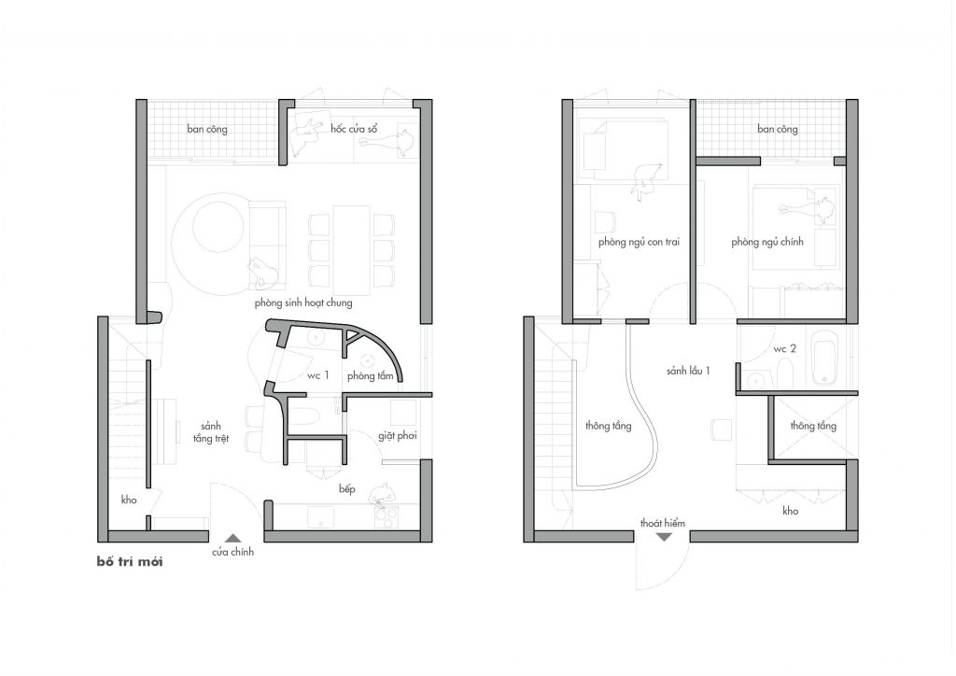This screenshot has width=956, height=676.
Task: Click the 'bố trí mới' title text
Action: click(130, 561)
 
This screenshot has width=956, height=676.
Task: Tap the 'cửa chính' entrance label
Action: click(232, 552)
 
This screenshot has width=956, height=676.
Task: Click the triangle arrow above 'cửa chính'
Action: click(232, 538)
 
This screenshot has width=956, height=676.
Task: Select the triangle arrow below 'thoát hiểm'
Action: click(664, 537)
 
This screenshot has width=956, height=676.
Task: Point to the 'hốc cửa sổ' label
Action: click(354, 129)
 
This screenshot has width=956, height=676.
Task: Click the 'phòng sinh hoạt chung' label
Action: click(303, 303)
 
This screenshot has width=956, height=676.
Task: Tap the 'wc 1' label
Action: click(317, 375)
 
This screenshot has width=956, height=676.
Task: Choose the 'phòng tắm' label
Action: click(371, 376)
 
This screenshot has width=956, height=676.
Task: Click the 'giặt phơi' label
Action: click(398, 436)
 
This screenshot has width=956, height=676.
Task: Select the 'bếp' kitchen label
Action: click(347, 489)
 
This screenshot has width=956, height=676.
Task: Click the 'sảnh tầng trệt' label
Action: click(211, 432)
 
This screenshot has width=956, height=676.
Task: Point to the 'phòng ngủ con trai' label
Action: click(639, 242)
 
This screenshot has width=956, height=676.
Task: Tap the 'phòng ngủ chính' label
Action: click(767, 242)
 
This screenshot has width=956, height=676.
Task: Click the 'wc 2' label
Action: click(784, 349)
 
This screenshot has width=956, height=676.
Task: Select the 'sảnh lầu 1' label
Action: click(688, 371)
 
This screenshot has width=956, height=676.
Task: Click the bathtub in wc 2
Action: click(824, 359)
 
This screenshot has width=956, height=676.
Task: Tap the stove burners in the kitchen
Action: click(386, 516)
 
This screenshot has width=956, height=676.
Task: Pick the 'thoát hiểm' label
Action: click(663, 523)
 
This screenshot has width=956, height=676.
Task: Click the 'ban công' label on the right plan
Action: click(778, 129)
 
